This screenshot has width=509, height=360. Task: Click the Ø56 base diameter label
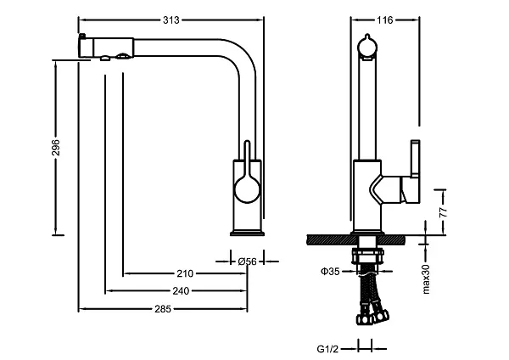pyautogui.click(x=247, y=262)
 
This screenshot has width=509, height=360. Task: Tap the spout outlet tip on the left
pyautogui.click(x=84, y=44)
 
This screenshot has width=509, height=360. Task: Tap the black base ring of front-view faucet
pyautogui.click(x=248, y=230)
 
